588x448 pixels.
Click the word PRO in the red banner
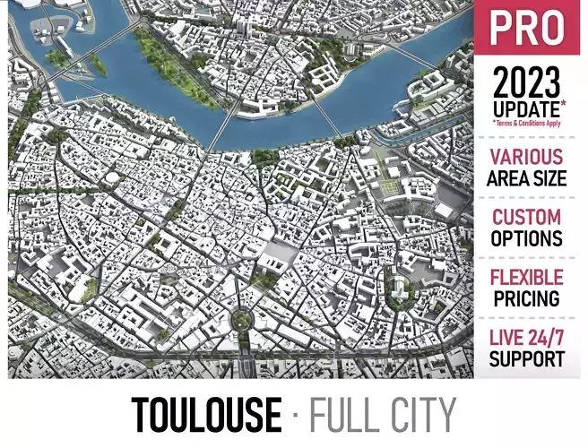pos(526,28)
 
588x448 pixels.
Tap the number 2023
pos(526,83)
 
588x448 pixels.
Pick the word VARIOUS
pos(527,158)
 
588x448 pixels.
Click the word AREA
pos(508,178)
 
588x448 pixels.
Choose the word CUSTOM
pos(527,218)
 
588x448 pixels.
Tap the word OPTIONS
pos(527,239)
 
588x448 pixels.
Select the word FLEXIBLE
pos(527,278)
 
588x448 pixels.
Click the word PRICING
pos(527,298)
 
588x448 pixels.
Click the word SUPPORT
pos(527,359)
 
